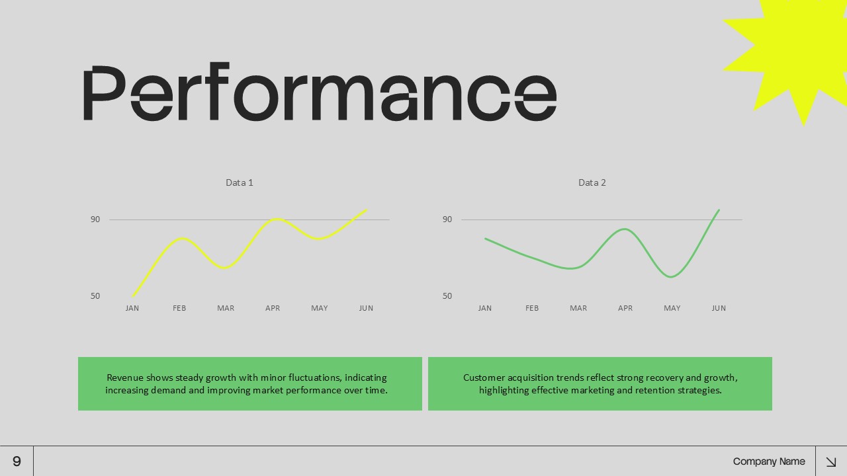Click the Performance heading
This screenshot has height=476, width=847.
(319, 93)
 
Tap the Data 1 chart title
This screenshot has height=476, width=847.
(240, 182)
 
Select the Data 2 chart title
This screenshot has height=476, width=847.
(592, 182)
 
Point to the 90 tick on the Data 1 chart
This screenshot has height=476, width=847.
(95, 219)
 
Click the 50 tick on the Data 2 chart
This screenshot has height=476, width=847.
(447, 296)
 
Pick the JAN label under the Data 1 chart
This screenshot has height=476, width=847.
(132, 308)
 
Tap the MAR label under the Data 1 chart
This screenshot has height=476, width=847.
(226, 308)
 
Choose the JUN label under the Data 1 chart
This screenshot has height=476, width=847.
(366, 308)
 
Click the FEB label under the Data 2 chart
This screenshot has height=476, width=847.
(532, 308)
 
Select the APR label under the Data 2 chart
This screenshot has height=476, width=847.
(625, 308)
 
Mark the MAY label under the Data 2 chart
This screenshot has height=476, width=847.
(672, 308)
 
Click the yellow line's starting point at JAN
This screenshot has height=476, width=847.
(133, 296)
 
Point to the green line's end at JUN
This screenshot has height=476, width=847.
(719, 210)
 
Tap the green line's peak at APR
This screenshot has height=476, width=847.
(625, 229)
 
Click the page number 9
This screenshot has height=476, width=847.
(17, 461)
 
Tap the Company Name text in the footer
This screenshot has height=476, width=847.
(769, 461)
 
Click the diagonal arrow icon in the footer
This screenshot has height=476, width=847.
(831, 461)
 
